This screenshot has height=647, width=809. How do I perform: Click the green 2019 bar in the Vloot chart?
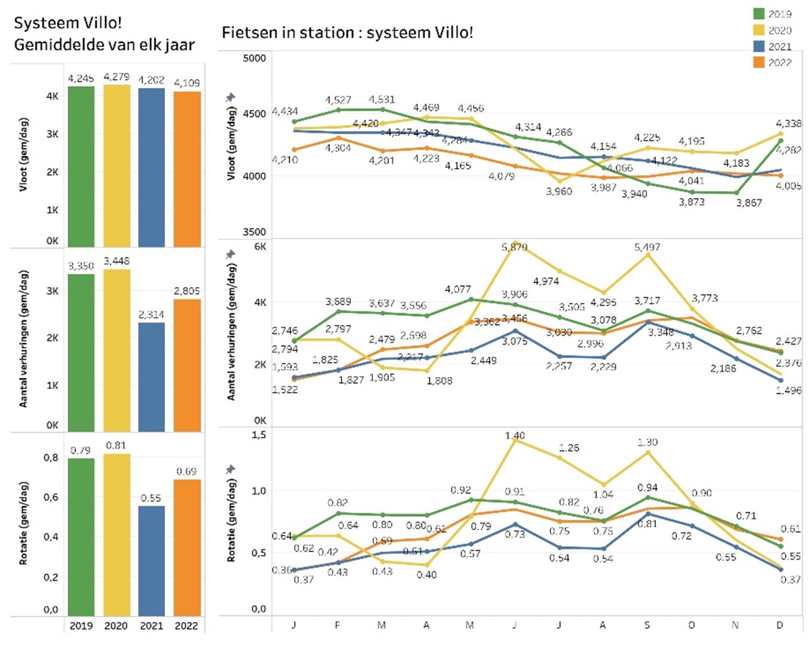click(x=81, y=166)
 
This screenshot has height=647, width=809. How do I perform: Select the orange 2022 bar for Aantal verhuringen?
click(x=187, y=365)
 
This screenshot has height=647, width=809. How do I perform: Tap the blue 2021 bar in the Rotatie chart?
click(x=151, y=560)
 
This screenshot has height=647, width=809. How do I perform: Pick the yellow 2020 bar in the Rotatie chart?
click(x=116, y=534)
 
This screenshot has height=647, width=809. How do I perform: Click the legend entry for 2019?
click(x=772, y=14)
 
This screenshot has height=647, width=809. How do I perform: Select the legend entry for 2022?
click(x=772, y=62)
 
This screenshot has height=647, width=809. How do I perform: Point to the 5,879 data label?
click(x=514, y=247)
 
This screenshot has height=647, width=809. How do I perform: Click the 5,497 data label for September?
click(x=646, y=247)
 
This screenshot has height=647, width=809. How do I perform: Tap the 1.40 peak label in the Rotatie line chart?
click(x=514, y=436)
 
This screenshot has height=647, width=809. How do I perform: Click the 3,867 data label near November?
click(x=748, y=202)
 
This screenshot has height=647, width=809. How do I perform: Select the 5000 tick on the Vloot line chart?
click(x=254, y=58)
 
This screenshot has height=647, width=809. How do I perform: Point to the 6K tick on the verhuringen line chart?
click(x=259, y=247)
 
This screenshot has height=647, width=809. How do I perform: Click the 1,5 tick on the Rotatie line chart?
click(x=259, y=435)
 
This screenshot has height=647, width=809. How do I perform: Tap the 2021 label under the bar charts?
click(x=151, y=625)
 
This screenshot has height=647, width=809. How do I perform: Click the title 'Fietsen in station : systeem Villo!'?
click(x=347, y=32)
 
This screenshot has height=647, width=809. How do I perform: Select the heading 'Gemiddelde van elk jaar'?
click(x=104, y=45)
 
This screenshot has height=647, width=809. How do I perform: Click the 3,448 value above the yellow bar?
click(x=116, y=261)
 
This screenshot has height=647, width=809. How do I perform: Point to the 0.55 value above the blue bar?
click(x=151, y=498)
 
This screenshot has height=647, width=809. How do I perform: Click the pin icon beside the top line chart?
click(x=230, y=97)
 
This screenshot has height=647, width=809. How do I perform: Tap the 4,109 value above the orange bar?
click(x=187, y=83)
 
